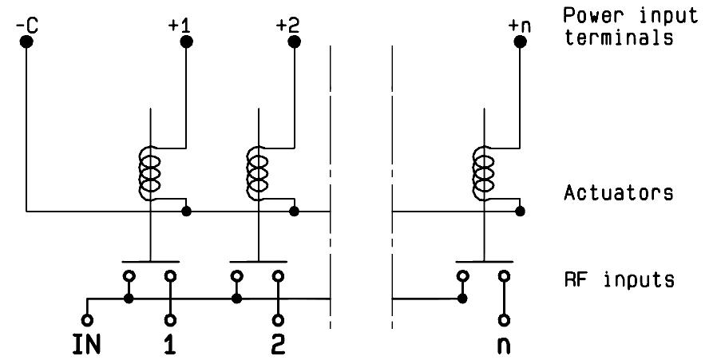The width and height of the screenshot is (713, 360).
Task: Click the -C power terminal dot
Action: (x=26, y=42)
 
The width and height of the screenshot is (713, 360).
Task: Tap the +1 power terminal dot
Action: (x=187, y=42)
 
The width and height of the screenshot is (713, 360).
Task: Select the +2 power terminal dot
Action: (x=294, y=42)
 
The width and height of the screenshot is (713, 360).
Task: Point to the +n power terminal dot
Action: (x=521, y=42)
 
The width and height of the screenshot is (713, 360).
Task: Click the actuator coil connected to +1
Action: (x=149, y=173)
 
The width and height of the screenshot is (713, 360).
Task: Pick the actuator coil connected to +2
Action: (x=257, y=173)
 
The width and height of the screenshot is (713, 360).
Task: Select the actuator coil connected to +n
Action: (x=483, y=173)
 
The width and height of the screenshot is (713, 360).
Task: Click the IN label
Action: (x=86, y=346)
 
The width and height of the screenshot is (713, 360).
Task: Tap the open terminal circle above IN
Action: (x=87, y=320)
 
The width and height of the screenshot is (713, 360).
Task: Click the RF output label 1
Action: (x=170, y=346)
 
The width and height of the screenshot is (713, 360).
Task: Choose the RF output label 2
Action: (x=278, y=346)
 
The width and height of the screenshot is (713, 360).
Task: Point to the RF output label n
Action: (x=504, y=346)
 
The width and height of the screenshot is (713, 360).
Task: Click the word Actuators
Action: (x=619, y=192)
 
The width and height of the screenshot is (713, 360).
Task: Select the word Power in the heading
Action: (x=593, y=15)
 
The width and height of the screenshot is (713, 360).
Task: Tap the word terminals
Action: (x=619, y=37)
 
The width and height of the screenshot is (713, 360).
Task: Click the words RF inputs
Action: (x=619, y=279)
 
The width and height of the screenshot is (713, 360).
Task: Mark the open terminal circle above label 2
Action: (x=278, y=320)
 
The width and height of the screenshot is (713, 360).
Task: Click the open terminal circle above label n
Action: (x=504, y=320)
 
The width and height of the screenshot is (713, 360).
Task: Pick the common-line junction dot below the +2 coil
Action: (x=294, y=212)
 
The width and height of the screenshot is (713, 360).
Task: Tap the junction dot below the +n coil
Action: (x=521, y=212)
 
